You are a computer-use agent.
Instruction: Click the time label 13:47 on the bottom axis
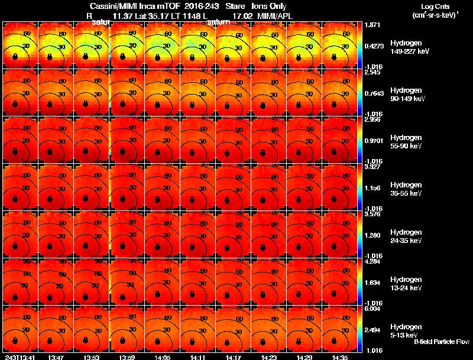(56, 357)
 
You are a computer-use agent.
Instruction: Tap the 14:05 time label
(163, 357)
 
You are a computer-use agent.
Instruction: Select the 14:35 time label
(340, 357)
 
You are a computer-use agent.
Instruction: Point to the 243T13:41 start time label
(19, 357)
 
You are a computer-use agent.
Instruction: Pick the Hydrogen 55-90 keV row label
(407, 142)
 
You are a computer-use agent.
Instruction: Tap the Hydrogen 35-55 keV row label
(407, 189)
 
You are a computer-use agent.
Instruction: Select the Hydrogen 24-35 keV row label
(407, 236)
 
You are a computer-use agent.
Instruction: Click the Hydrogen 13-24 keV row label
(407, 284)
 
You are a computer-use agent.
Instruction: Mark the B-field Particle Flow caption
(441, 342)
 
